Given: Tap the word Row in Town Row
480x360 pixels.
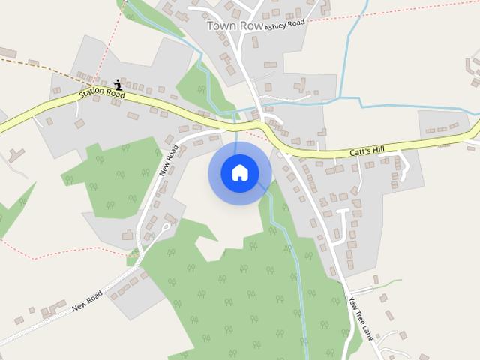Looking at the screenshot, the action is point(253,25).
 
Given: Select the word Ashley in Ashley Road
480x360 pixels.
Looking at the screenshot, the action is point(275,25).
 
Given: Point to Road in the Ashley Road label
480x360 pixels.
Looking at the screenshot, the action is point(297,23).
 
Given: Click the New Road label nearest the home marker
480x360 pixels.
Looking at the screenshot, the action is point(169,159).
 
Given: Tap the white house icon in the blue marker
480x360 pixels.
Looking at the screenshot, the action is point(240,173).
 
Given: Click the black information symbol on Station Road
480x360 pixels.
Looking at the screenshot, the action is point(118,85).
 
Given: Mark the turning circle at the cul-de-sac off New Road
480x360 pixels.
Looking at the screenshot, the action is point(166,225).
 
